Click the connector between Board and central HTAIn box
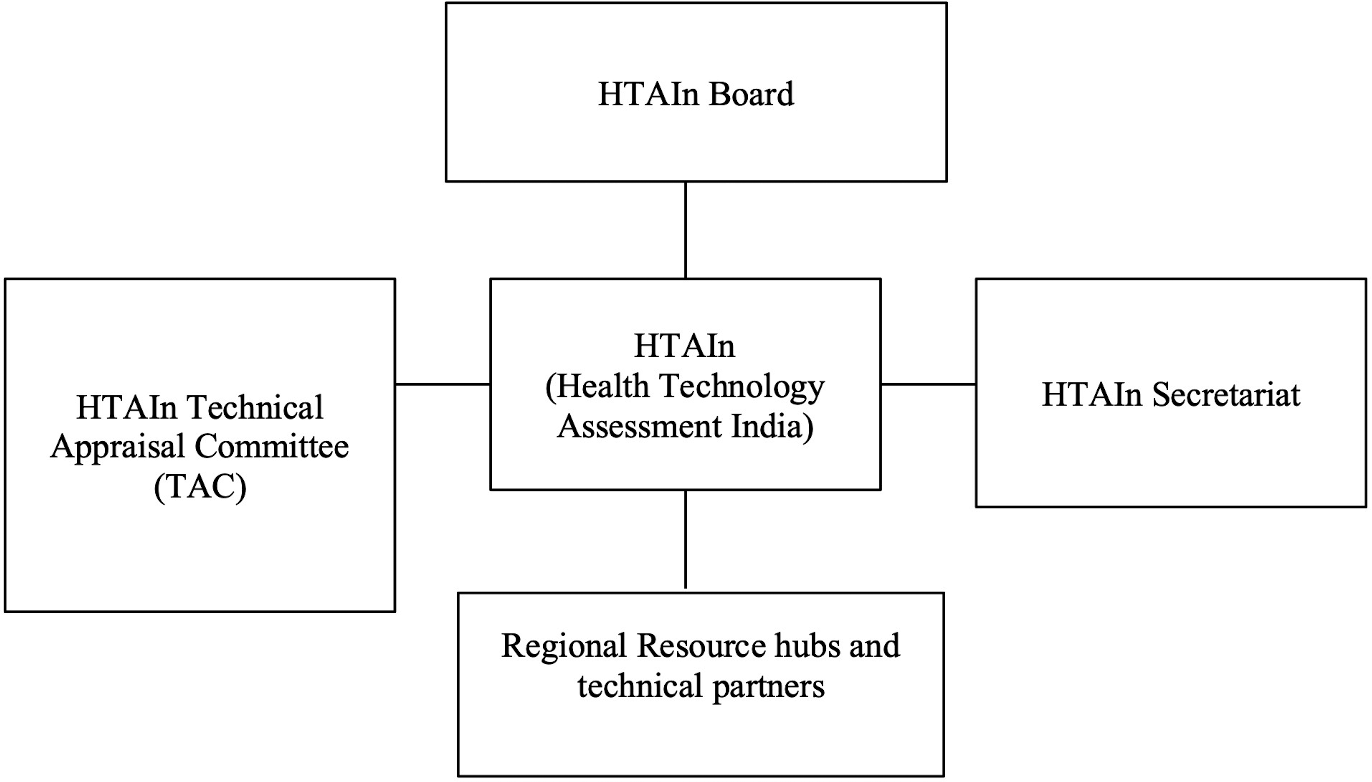[x=686, y=230]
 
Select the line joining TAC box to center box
[x=442, y=384]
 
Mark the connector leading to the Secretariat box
[x=928, y=384]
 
